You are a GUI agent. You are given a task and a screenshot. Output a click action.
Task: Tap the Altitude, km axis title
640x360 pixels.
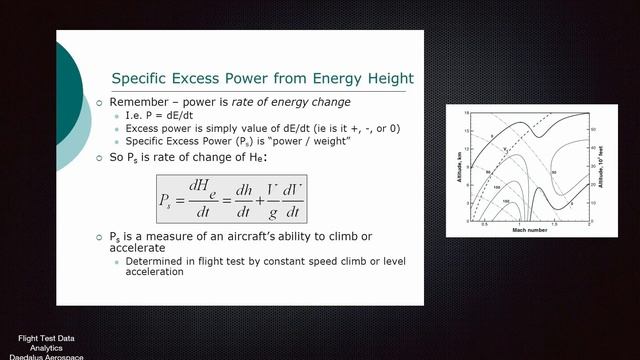tap(455, 166)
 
